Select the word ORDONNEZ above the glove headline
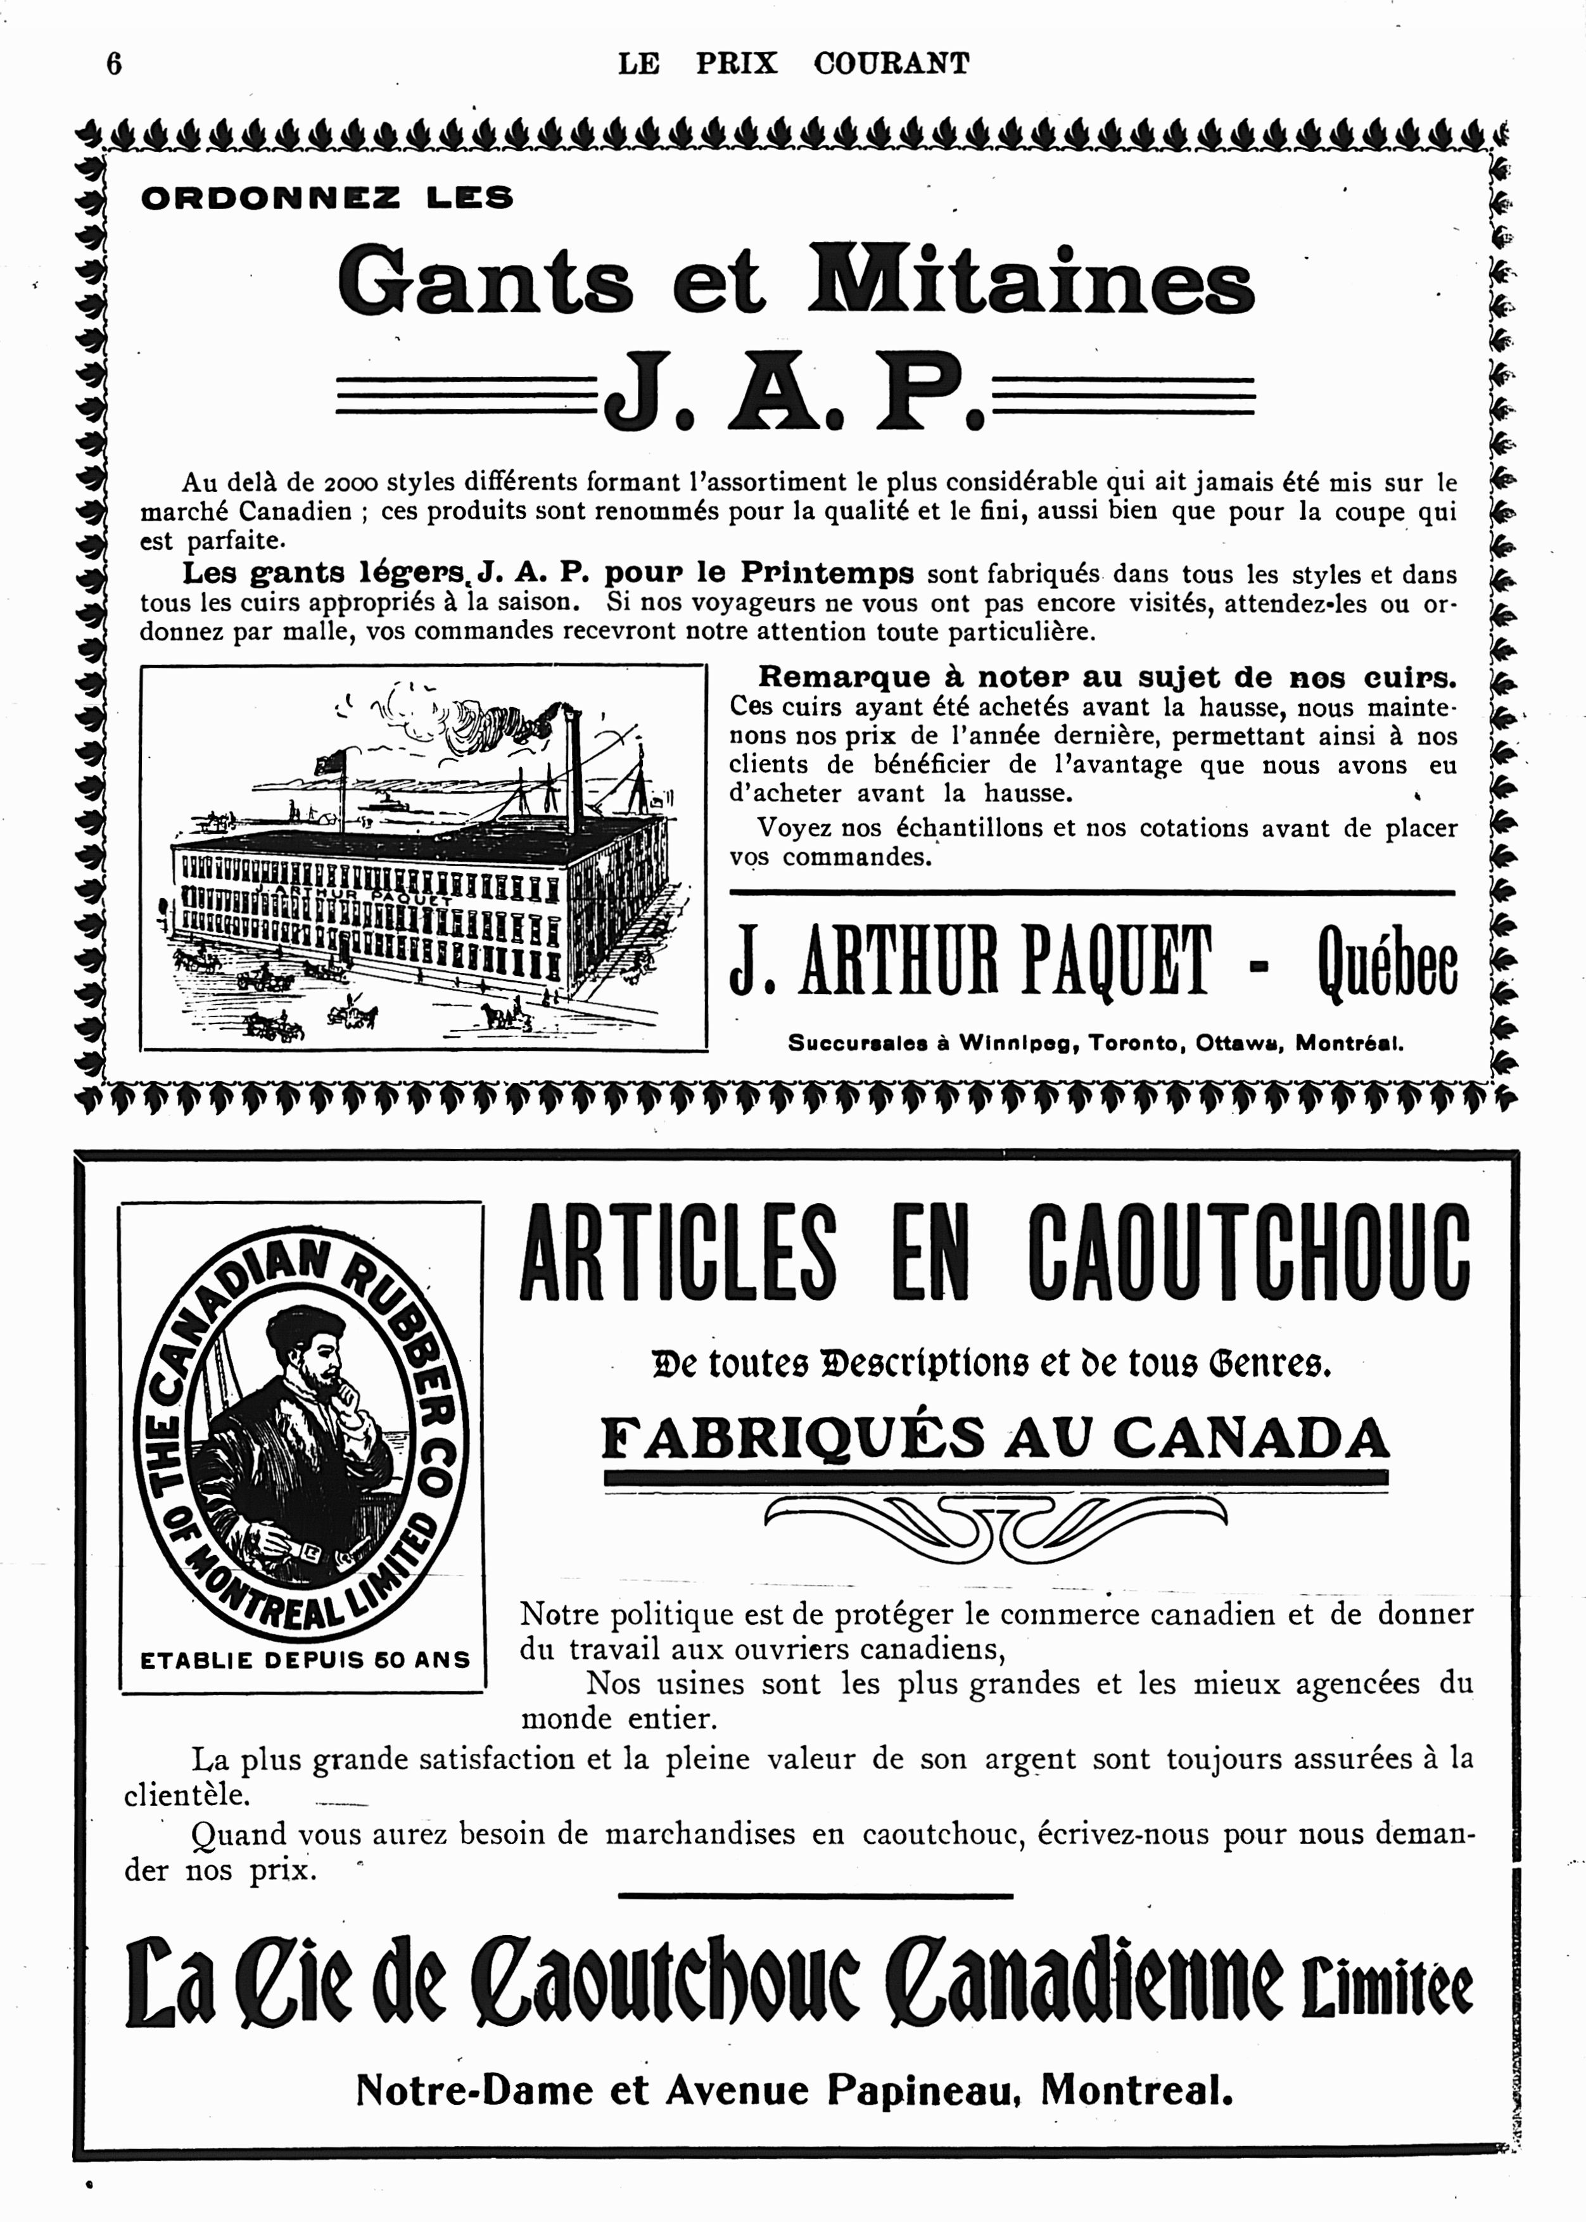click(270, 198)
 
